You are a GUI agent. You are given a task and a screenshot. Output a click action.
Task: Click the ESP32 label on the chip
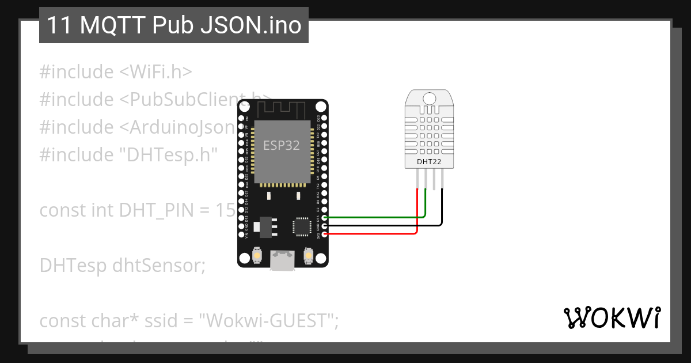[282, 145]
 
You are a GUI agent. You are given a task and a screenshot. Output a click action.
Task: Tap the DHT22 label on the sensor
[429, 162]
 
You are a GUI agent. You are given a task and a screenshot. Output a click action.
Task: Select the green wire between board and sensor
[374, 217]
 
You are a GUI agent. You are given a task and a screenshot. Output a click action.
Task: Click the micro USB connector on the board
[283, 260]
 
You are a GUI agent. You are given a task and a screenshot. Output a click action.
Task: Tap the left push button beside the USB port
[257, 255]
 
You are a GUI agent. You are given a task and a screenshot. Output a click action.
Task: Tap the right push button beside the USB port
[308, 255]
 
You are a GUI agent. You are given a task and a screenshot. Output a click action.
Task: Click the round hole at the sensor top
[429, 98]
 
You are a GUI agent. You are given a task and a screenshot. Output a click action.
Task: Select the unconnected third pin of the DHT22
[434, 179]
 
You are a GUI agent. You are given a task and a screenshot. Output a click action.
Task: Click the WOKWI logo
[612, 317]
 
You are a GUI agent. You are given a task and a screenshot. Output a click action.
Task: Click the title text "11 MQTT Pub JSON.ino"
[173, 25]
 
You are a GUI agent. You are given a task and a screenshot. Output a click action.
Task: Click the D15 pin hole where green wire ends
[325, 217]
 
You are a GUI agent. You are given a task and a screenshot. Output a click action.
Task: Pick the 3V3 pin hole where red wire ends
[325, 234]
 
